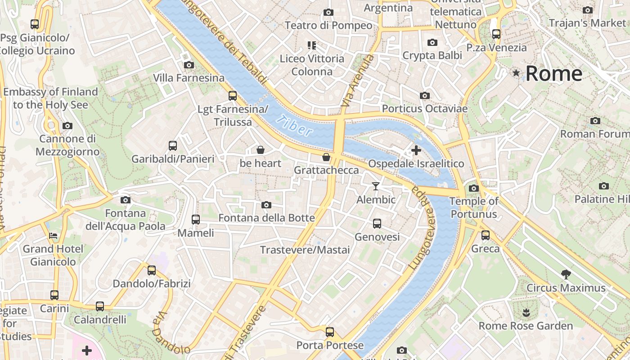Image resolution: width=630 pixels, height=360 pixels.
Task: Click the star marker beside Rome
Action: click(x=516, y=72)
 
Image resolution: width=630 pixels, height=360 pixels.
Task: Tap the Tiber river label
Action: click(x=295, y=126)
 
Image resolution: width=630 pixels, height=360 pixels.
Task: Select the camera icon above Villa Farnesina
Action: click(x=189, y=65)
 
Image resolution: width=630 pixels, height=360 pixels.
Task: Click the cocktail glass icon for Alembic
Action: click(x=376, y=186)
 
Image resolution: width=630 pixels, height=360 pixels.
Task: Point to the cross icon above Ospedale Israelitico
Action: click(x=416, y=150)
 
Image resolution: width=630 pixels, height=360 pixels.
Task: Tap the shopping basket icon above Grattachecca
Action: click(x=326, y=157)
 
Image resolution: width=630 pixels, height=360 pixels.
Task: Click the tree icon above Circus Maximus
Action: click(x=566, y=274)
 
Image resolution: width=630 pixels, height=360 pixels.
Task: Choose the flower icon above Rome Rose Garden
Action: click(x=525, y=312)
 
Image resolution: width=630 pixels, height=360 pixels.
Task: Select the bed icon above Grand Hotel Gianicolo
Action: click(x=53, y=235)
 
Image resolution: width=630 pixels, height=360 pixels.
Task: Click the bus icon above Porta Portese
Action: click(x=330, y=332)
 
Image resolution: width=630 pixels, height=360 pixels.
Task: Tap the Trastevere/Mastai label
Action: click(x=305, y=250)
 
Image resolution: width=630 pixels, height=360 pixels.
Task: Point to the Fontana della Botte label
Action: click(x=266, y=218)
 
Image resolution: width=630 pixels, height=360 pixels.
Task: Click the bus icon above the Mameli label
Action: click(x=196, y=220)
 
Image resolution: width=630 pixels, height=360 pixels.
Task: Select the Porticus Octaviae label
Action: click(x=424, y=108)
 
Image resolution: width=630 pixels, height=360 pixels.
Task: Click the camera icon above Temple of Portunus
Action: click(x=474, y=188)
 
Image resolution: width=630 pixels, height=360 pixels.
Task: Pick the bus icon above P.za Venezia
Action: click(x=496, y=34)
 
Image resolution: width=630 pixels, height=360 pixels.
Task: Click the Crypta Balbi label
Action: click(x=432, y=55)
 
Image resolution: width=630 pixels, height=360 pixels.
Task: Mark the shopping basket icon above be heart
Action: click(x=260, y=150)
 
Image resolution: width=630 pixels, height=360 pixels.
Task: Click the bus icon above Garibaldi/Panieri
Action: click(x=173, y=145)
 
